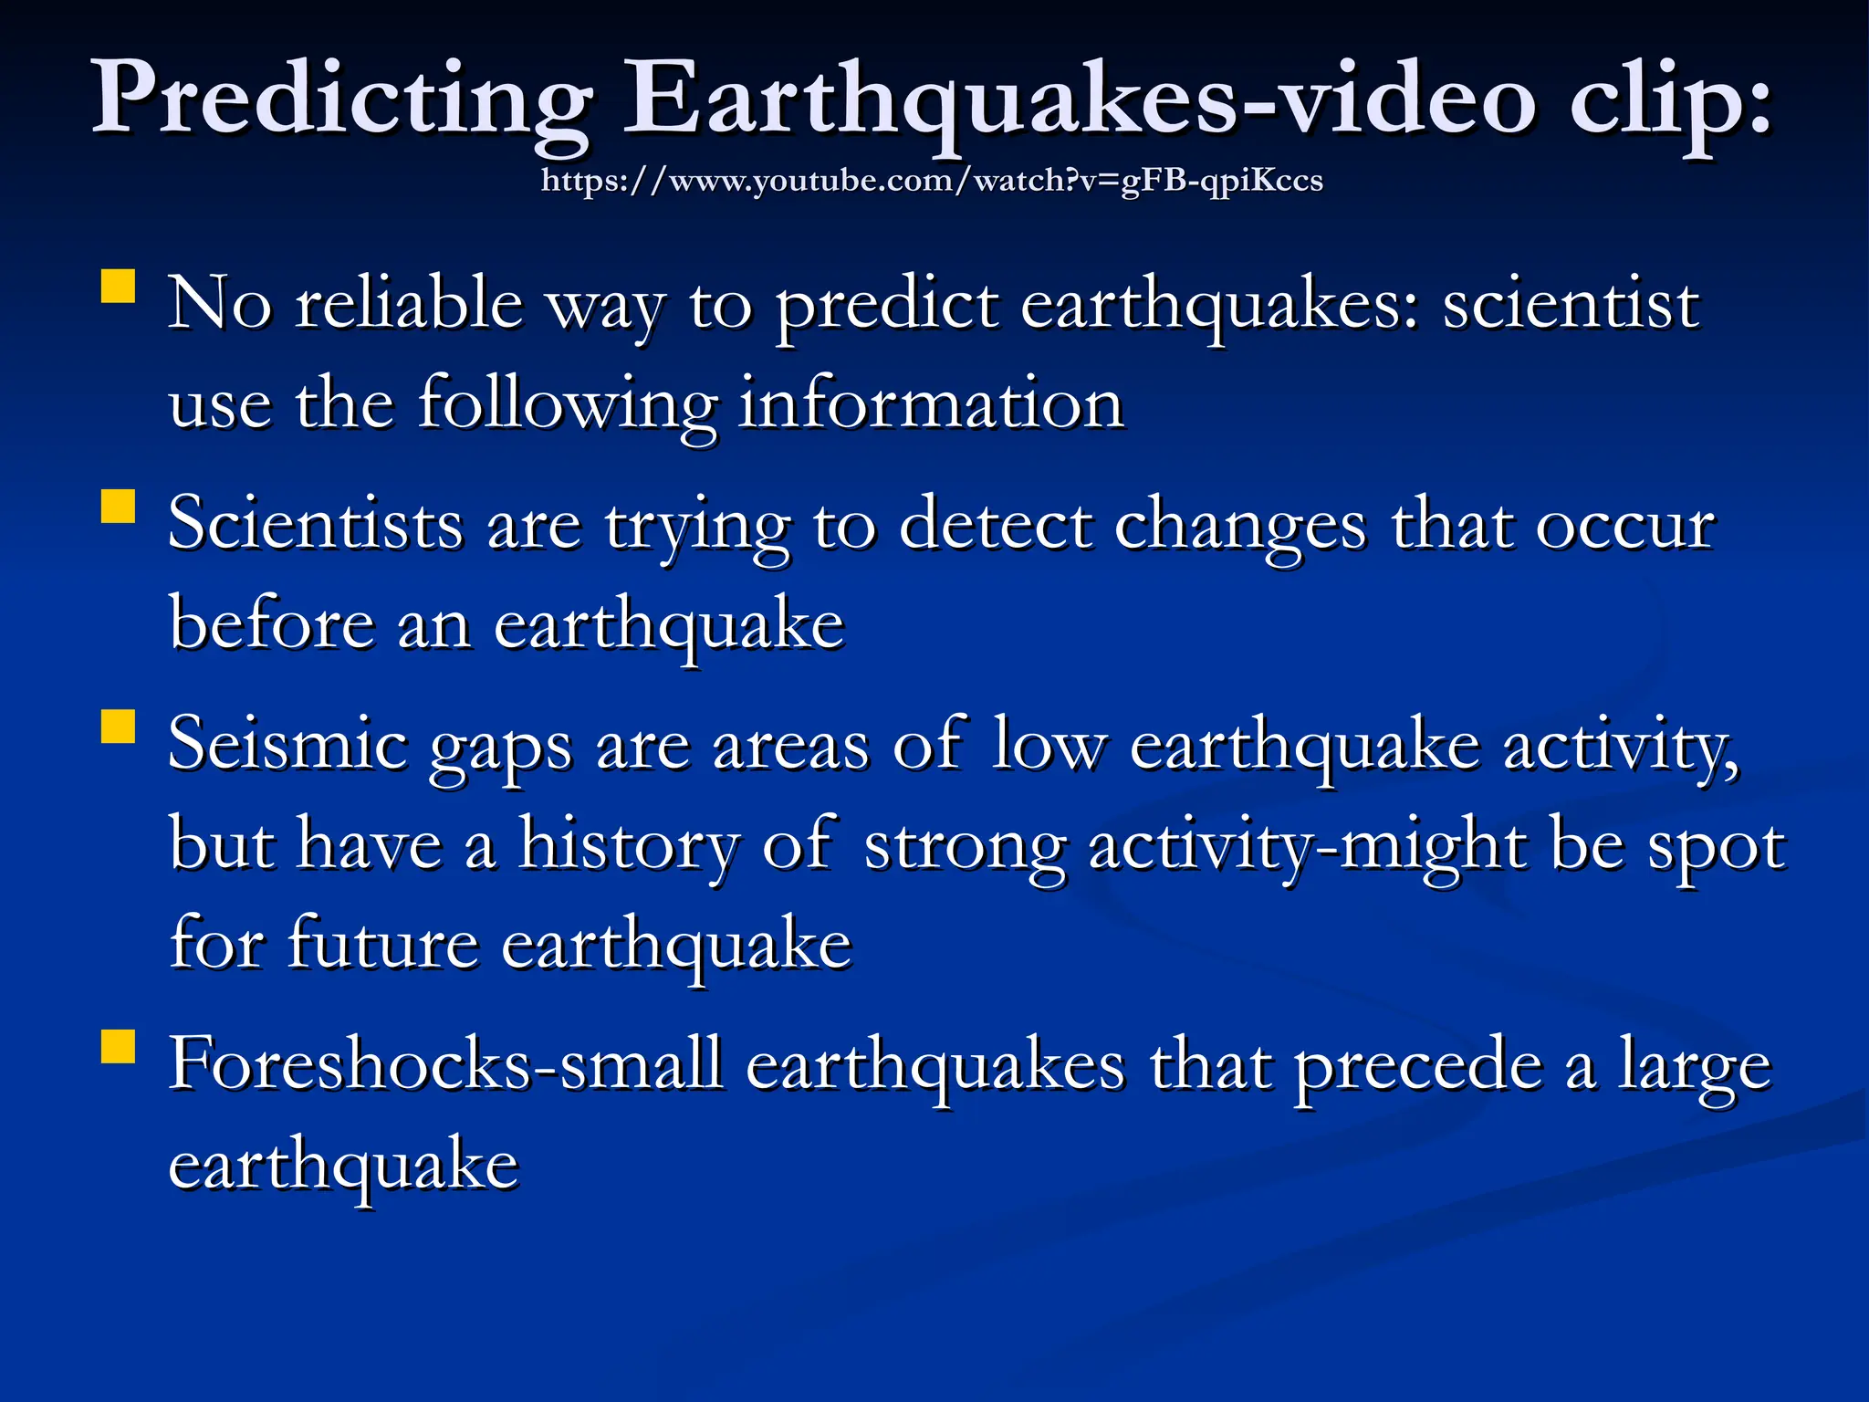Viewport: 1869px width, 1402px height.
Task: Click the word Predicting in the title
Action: pyautogui.click(x=342, y=99)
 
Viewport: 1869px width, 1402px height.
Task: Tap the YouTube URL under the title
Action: pyautogui.click(x=932, y=181)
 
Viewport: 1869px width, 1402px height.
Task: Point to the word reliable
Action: pyautogui.click(x=409, y=304)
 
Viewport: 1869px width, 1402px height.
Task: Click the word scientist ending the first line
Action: pyautogui.click(x=1571, y=304)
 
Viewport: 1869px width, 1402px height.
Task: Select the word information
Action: pyautogui.click(x=931, y=404)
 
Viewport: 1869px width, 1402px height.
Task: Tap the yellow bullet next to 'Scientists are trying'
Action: pyautogui.click(x=119, y=506)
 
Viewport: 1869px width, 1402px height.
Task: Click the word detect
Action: pyautogui.click(x=996, y=526)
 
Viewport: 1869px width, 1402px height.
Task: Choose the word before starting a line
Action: pyautogui.click(x=272, y=625)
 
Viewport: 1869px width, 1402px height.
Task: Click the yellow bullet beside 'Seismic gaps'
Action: pyautogui.click(x=119, y=727)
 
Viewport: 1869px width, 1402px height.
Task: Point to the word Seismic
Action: pyautogui.click(x=287, y=745)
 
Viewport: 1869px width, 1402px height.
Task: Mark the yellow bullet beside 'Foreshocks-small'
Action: pyautogui.click(x=119, y=1047)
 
